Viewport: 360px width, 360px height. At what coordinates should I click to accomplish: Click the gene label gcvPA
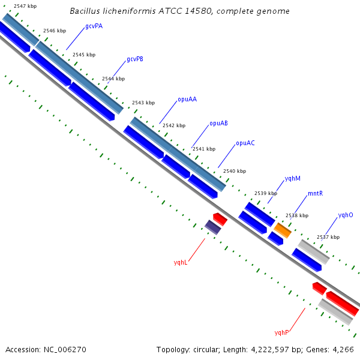(94, 26)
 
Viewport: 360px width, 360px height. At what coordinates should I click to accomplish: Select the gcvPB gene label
(135, 59)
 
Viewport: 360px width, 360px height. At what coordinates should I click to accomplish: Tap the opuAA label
(187, 100)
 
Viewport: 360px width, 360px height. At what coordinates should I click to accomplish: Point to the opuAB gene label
(219, 123)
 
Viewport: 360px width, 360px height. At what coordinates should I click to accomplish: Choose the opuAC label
(245, 143)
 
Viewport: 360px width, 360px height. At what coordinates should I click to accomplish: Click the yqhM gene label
(293, 178)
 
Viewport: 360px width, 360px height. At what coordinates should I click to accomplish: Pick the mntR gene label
(315, 194)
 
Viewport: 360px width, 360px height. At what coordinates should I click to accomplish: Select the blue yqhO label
(346, 215)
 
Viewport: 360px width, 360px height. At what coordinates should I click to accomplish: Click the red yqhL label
(181, 262)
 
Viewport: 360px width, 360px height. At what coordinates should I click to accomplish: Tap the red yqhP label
(281, 332)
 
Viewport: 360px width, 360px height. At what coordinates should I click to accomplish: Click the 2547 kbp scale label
(25, 6)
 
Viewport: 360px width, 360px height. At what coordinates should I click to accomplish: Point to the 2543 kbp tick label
(143, 103)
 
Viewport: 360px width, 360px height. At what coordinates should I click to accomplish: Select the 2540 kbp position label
(235, 171)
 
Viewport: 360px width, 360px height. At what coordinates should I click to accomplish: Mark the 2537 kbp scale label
(328, 237)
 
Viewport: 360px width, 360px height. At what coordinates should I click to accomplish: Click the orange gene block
(283, 230)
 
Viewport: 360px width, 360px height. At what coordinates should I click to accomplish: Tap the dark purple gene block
(213, 227)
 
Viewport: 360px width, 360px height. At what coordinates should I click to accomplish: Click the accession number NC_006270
(65, 350)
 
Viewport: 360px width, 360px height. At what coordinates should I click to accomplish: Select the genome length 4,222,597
(270, 350)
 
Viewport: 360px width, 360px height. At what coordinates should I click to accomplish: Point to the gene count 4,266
(343, 350)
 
